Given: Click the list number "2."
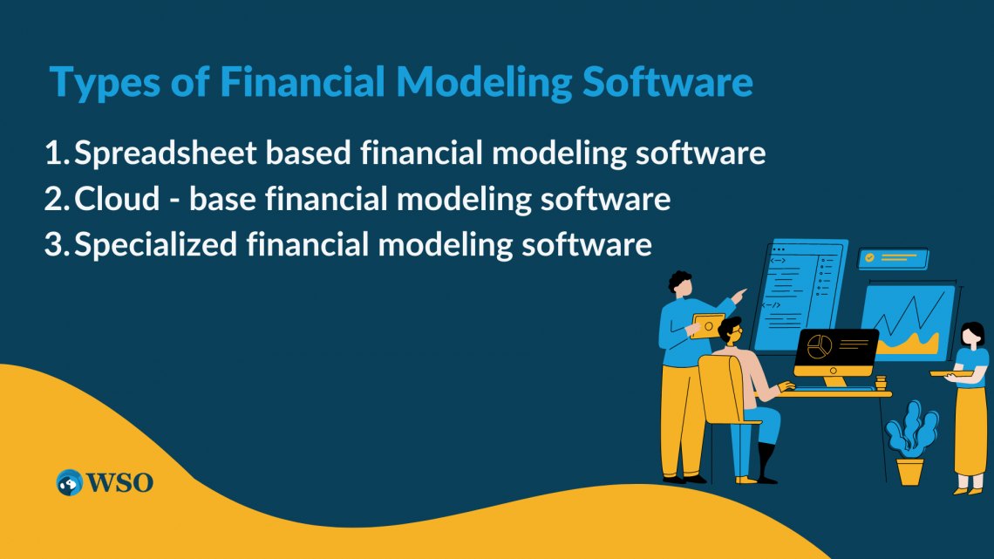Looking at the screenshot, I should [56, 200].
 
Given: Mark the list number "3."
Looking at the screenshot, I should [56, 245].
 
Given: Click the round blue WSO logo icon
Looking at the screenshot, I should [70, 481].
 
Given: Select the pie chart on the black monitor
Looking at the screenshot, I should [819, 346].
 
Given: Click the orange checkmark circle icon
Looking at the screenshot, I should [868, 258].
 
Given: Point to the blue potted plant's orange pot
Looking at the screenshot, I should [909, 472].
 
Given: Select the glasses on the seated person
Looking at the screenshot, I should [735, 332].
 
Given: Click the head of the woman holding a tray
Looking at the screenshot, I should [971, 335].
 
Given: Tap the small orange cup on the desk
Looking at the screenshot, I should [881, 381].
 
